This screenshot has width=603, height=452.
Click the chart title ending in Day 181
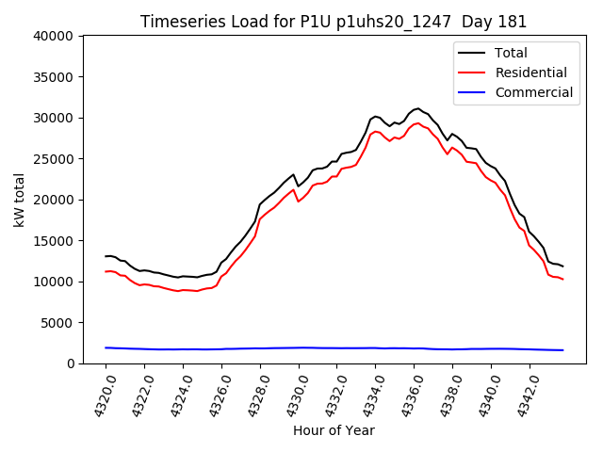point(334,22)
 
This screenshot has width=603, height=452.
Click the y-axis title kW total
point(20,200)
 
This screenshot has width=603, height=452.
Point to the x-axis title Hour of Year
point(334,430)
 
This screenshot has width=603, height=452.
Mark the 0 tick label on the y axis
point(72,363)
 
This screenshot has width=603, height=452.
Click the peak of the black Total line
point(418,108)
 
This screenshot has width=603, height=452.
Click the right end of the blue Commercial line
point(562,350)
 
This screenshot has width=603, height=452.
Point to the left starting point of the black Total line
point(106,256)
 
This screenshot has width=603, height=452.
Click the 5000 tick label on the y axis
point(58,323)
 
